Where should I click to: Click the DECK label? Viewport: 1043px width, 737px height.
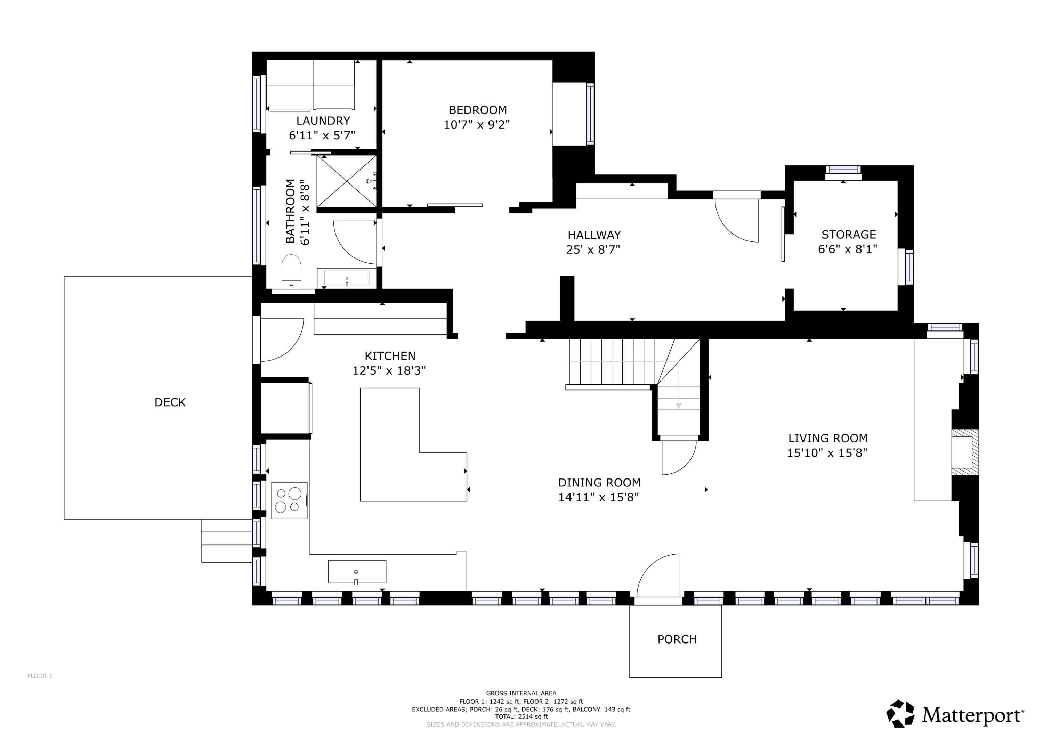click(x=170, y=402)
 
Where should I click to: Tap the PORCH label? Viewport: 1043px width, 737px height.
click(x=677, y=639)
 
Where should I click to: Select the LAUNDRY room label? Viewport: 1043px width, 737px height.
click(x=323, y=121)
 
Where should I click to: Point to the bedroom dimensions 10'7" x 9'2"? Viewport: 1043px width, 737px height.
click(x=477, y=124)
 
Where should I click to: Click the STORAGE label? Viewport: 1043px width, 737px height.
click(x=849, y=235)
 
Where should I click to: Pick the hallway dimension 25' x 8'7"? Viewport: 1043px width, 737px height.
click(x=593, y=249)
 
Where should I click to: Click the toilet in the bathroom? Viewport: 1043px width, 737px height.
click(x=291, y=271)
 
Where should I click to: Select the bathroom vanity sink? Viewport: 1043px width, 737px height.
click(x=347, y=278)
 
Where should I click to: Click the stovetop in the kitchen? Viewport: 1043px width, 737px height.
click(x=289, y=500)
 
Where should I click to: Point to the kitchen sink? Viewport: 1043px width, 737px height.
click(x=357, y=572)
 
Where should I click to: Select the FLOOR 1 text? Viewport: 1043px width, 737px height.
click(x=40, y=676)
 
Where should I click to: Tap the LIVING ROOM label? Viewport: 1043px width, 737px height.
click(x=828, y=438)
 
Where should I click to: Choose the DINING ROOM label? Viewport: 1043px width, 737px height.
click(x=599, y=483)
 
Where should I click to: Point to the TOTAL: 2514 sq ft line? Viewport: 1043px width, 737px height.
click(x=521, y=716)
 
